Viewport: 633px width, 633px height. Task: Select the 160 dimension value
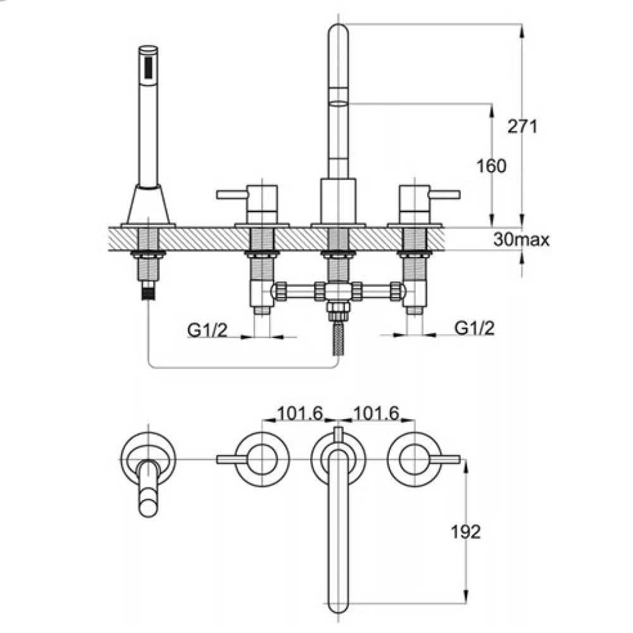pos(492,166)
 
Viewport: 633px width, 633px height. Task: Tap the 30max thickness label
pos(521,240)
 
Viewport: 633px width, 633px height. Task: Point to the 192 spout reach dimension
pos(467,532)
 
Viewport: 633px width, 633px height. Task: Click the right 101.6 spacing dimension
pos(375,413)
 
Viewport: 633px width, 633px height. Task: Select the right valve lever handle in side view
pos(443,194)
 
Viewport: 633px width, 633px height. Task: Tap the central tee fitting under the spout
pos(338,292)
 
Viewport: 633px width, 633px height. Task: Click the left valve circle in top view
pos(261,459)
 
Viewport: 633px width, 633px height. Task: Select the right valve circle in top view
pos(415,459)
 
